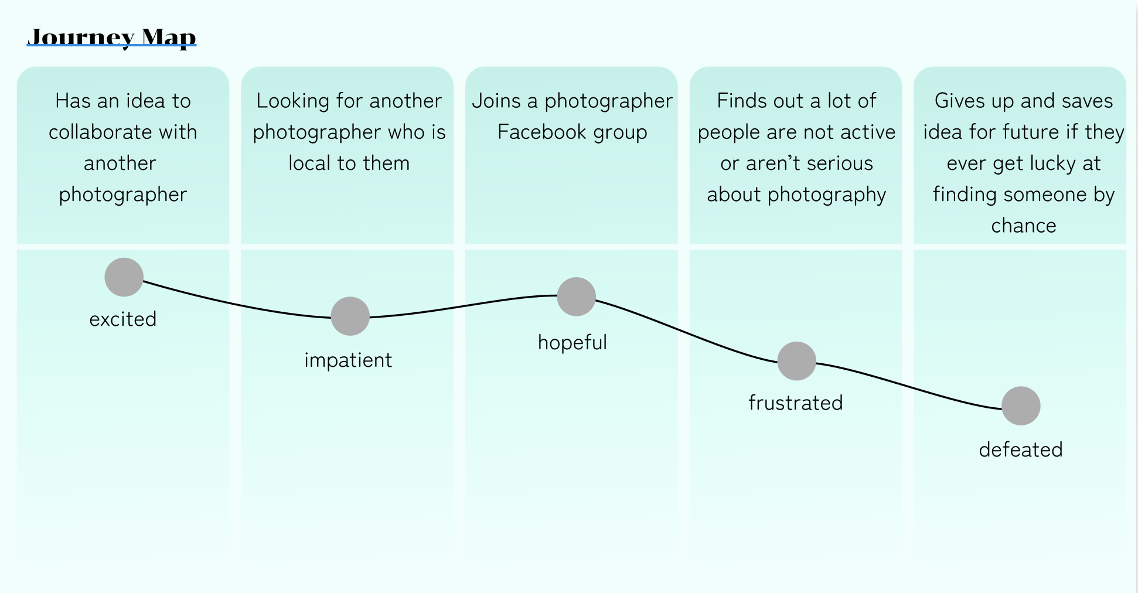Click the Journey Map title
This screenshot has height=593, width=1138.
pyautogui.click(x=111, y=37)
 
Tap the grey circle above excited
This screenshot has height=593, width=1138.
pyautogui.click(x=124, y=277)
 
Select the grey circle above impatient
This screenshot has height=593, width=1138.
pyautogui.click(x=350, y=316)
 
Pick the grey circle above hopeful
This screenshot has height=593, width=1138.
pyautogui.click(x=577, y=296)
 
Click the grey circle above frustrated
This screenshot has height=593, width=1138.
pyautogui.click(x=797, y=361)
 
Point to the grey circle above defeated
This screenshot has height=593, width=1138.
pyautogui.click(x=1021, y=405)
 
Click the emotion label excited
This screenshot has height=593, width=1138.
pyautogui.click(x=123, y=319)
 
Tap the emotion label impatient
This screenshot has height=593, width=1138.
pyautogui.click(x=348, y=360)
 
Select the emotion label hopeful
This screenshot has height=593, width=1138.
pyautogui.click(x=573, y=343)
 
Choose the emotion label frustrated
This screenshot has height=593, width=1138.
pyautogui.click(x=796, y=403)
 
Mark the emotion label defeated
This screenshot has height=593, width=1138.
pyautogui.click(x=1021, y=450)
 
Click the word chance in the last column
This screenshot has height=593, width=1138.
pyautogui.click(x=1024, y=226)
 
